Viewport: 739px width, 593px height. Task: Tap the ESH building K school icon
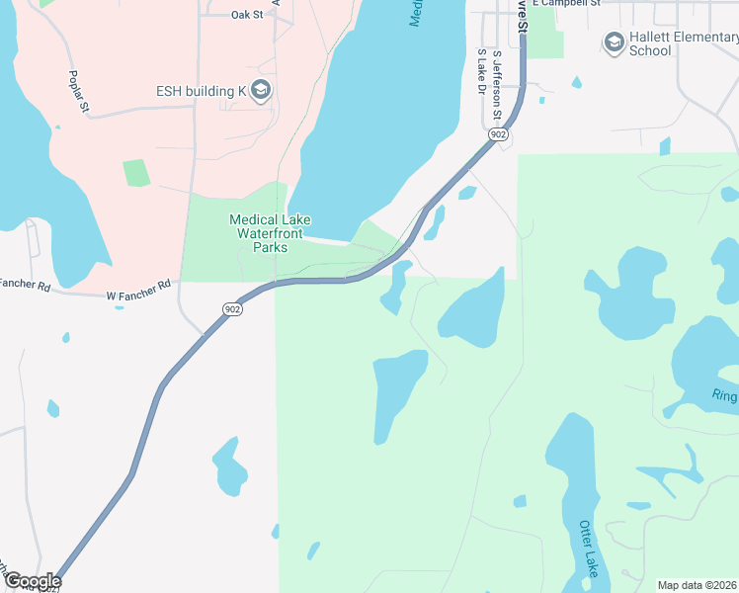(261, 92)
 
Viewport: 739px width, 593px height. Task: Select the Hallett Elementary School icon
(615, 42)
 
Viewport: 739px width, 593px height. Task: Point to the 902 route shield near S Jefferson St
(498, 134)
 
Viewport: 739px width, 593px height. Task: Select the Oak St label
(247, 15)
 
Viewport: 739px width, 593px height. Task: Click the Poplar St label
(79, 90)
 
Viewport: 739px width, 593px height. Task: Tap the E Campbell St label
(566, 3)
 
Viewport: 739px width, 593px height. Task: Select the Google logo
(32, 581)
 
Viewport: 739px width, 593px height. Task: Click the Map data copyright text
(698, 584)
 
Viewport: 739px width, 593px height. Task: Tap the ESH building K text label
(201, 92)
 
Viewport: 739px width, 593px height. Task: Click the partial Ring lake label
(724, 395)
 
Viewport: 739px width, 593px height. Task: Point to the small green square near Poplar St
(136, 172)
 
